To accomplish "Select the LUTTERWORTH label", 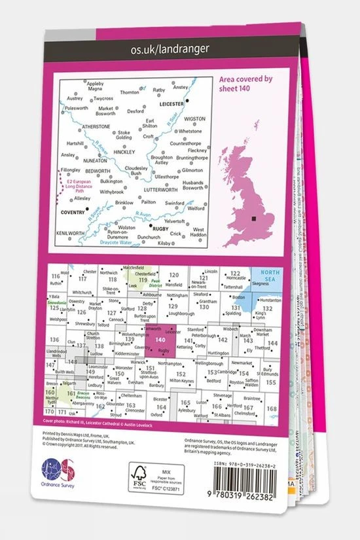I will point(161,189).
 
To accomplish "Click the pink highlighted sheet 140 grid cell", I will point(160,344).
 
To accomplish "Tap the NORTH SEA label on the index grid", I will point(267,277).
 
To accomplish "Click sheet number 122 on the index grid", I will point(236,273).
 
